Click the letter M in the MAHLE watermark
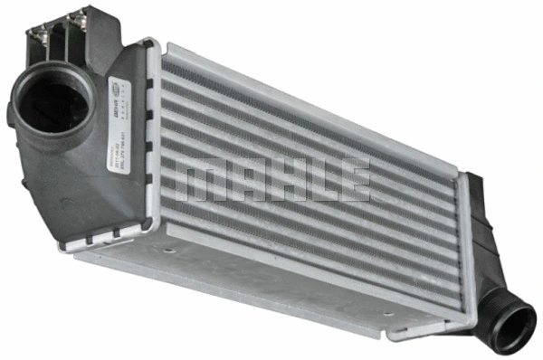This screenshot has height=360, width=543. [x=200, y=180]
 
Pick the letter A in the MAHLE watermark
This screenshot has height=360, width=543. [x=243, y=180]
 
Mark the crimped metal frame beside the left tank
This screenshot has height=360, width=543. [x=151, y=145]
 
